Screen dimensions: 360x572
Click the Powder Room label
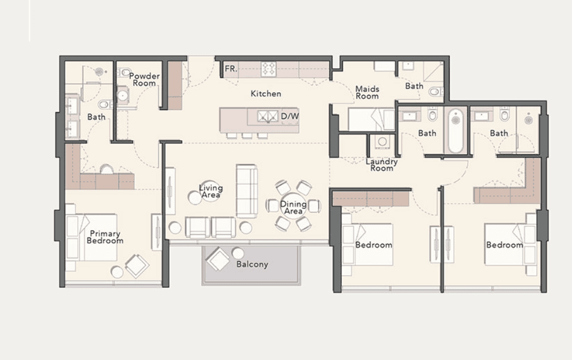[x=144, y=80]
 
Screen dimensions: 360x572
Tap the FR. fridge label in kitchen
[x=231, y=69]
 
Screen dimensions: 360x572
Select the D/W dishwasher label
[x=289, y=117]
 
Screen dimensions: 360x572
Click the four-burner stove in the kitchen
[x=269, y=69]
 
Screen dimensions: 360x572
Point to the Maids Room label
[x=367, y=92]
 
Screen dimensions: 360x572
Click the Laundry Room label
[x=382, y=164]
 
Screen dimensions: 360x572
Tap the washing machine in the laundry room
[x=381, y=142]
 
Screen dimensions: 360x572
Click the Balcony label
[x=252, y=264]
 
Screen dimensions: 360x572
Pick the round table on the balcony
[x=238, y=253]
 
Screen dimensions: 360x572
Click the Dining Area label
[x=293, y=208]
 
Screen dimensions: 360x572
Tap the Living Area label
[x=211, y=192]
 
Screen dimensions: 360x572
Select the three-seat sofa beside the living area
[x=247, y=190]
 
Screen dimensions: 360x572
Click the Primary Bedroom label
[x=105, y=237]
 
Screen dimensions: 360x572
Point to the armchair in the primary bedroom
[x=137, y=265]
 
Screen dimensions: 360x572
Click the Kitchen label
[x=266, y=93]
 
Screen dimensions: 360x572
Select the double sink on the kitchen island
[x=264, y=117]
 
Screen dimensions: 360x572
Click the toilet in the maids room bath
[x=436, y=91]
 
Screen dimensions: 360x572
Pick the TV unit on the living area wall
[x=170, y=191]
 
